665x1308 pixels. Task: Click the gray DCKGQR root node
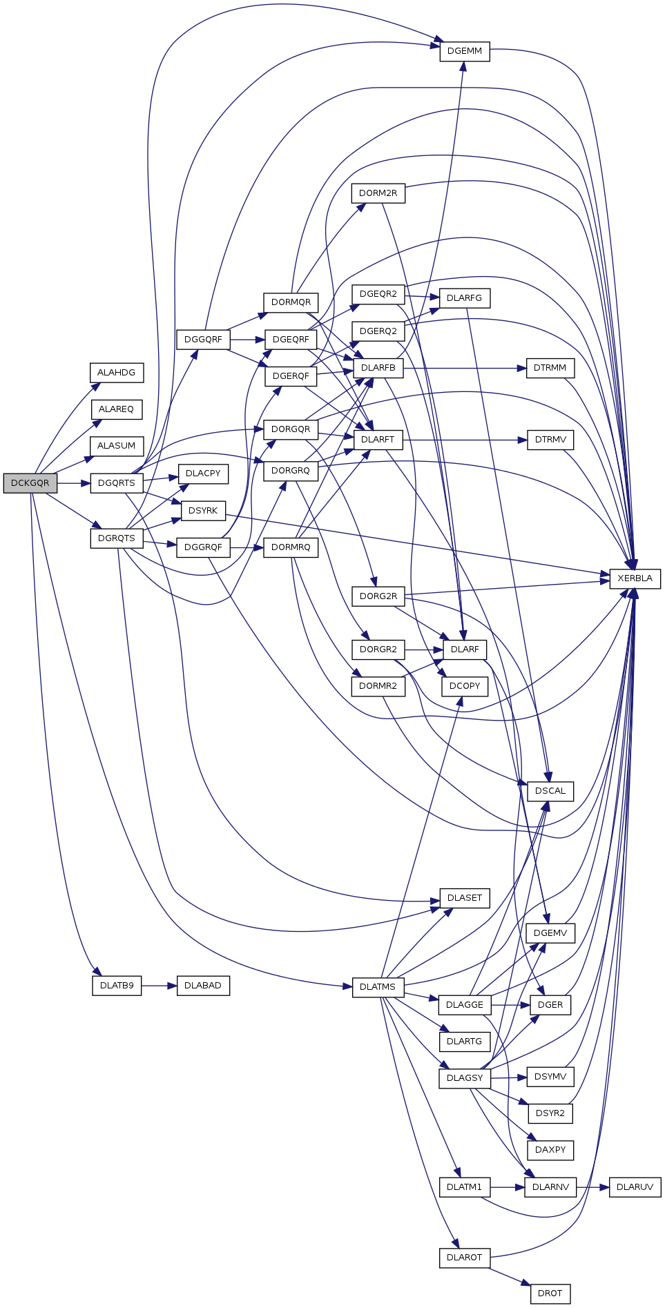tap(30, 483)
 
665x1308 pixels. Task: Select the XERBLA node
tap(635, 578)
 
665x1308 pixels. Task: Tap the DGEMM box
tap(465, 51)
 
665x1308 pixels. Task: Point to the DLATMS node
tap(378, 987)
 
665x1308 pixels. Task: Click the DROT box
tap(550, 1294)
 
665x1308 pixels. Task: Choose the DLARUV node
tap(635, 1187)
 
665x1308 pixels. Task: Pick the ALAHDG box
tap(116, 373)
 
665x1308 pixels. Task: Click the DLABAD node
tap(203, 986)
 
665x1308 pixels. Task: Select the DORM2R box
tap(378, 193)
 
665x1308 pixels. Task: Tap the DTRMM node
tap(550, 368)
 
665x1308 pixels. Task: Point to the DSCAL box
tap(550, 791)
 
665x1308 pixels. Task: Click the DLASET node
tap(465, 898)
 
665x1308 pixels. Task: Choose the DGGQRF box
tap(203, 340)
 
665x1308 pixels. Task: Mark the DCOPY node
tap(465, 686)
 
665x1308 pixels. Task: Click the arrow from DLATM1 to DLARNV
tap(507, 1187)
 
